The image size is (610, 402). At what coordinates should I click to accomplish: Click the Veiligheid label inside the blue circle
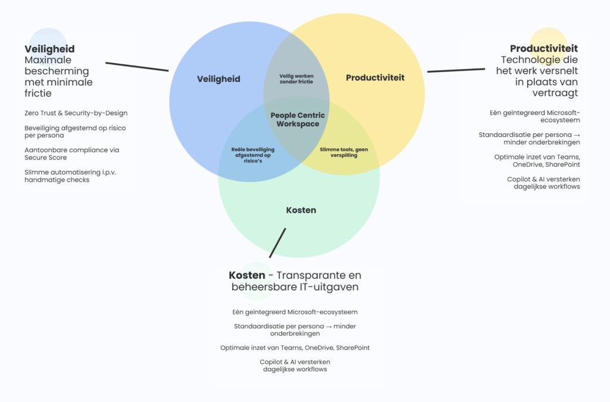219,79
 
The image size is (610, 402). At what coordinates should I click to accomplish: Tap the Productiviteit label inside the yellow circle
375,77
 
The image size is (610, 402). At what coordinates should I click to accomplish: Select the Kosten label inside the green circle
301,210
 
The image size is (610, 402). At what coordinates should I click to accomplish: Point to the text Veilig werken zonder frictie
296,79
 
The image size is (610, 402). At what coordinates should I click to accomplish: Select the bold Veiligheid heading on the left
49,49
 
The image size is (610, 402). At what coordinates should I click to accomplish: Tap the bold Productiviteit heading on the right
543,48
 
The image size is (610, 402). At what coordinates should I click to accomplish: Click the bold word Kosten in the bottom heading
247,275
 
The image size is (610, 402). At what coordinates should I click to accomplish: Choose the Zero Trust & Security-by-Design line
76,113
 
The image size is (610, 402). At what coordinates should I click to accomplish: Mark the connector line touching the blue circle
137,66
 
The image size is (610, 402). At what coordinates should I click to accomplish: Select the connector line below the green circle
278,242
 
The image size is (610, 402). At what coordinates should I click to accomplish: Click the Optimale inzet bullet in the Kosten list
295,347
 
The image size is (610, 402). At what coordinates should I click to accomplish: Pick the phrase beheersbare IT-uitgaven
295,286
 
